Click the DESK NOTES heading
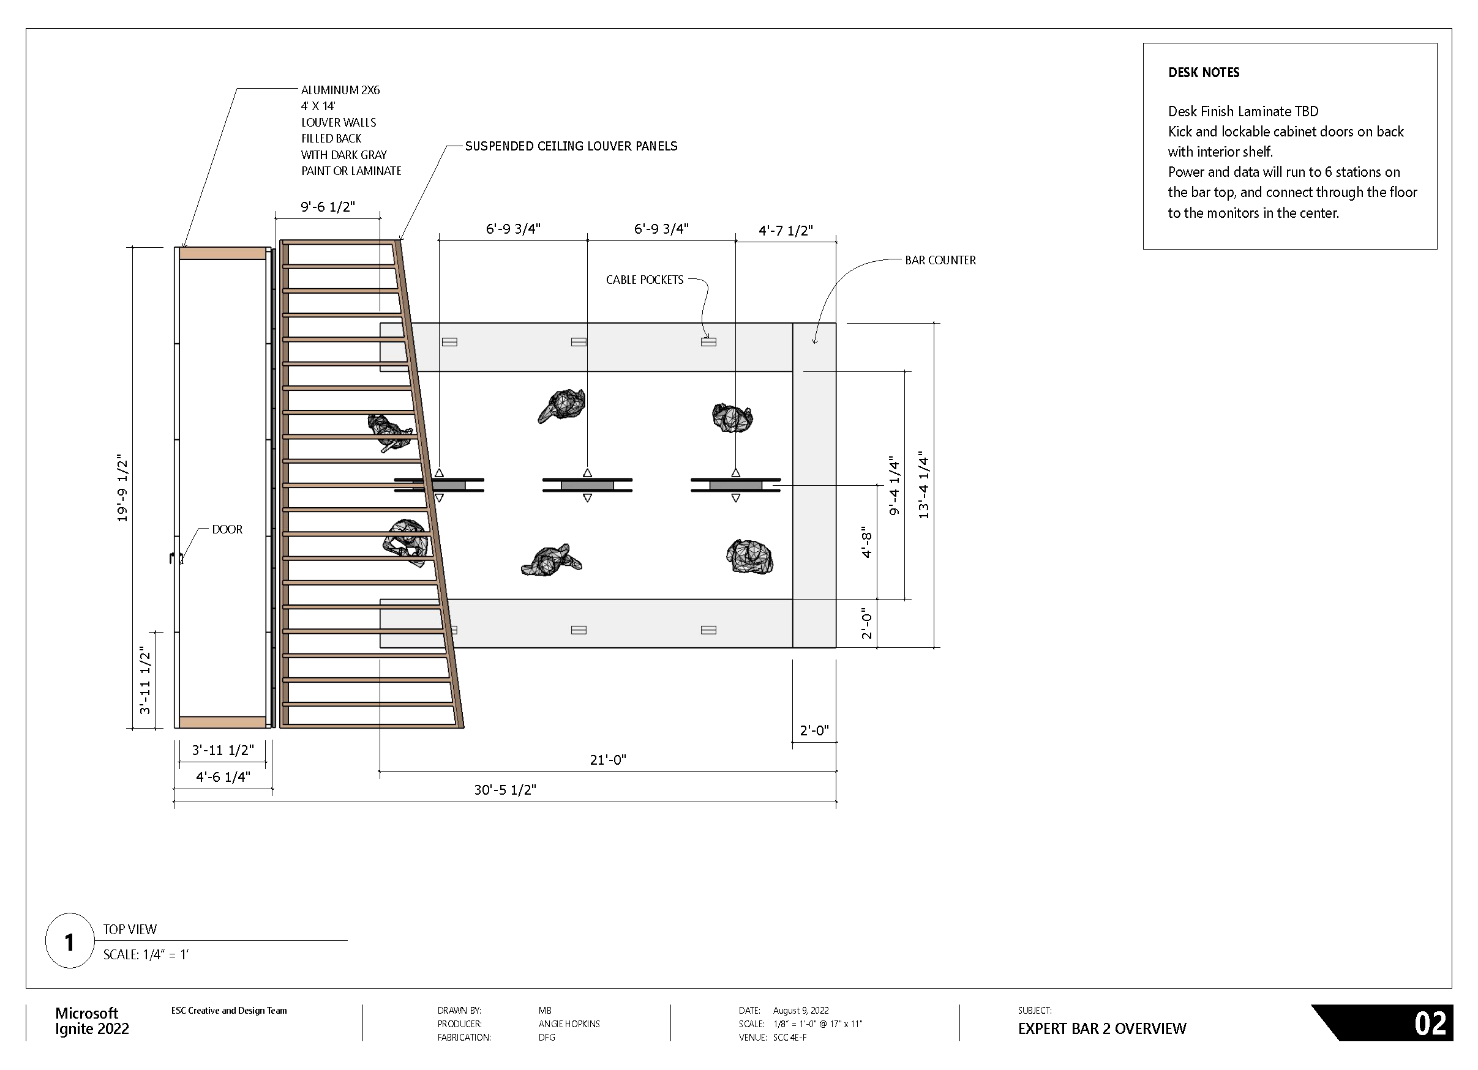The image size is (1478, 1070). (x=1203, y=72)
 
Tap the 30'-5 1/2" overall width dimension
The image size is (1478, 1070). (x=505, y=790)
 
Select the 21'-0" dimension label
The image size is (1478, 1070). (x=607, y=760)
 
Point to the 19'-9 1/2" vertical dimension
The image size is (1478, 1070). (x=122, y=488)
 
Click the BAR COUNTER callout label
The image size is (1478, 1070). (x=940, y=261)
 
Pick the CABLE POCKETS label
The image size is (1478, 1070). (x=645, y=280)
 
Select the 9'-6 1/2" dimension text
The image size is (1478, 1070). (x=327, y=207)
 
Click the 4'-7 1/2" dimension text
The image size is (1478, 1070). (x=786, y=231)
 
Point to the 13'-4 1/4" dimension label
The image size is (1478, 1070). (x=923, y=485)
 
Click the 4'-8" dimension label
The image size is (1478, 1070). (x=866, y=542)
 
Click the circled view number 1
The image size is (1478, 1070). (x=69, y=942)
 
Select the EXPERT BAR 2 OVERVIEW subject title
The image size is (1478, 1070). (x=1102, y=1029)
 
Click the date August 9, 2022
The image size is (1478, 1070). (x=800, y=1011)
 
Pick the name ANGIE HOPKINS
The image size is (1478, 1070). (x=569, y=1024)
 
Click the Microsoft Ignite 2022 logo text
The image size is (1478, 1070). (x=92, y=1021)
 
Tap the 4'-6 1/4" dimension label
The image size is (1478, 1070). (x=223, y=777)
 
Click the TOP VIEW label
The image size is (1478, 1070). (x=130, y=929)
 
